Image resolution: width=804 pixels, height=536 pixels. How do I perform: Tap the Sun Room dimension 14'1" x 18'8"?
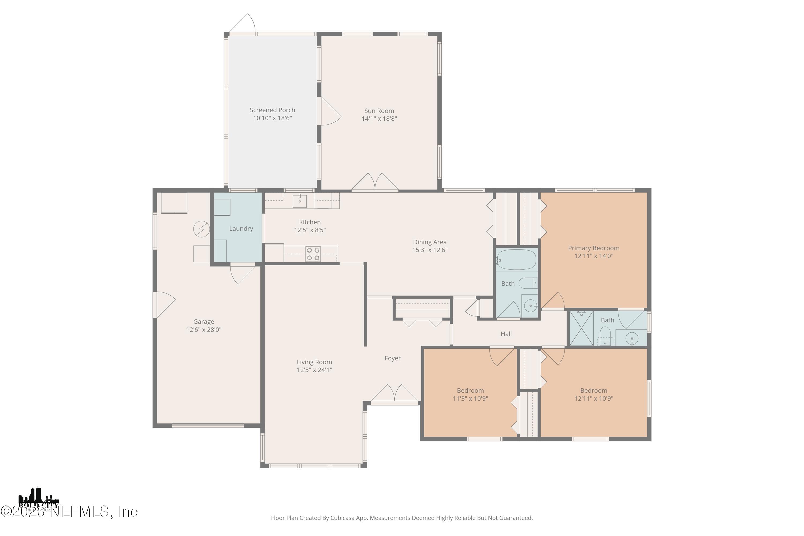click(379, 119)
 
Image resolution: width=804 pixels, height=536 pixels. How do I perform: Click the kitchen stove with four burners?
click(313, 254)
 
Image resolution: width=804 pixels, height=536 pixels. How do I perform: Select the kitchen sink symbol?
click(299, 201)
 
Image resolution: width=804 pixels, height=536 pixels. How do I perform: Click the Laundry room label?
click(241, 229)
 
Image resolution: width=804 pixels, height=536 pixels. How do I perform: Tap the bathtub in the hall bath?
click(516, 260)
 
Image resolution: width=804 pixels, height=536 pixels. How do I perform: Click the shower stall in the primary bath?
click(581, 328)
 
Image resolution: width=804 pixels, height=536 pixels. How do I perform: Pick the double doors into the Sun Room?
click(375, 183)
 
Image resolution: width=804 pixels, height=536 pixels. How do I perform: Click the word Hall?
click(506, 334)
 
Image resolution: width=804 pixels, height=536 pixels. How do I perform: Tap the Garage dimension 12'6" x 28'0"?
click(204, 330)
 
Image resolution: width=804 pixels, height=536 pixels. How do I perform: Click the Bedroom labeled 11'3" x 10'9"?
click(470, 394)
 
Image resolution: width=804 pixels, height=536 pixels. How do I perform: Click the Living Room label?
click(314, 362)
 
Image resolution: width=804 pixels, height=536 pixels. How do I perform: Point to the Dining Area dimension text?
click(430, 250)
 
